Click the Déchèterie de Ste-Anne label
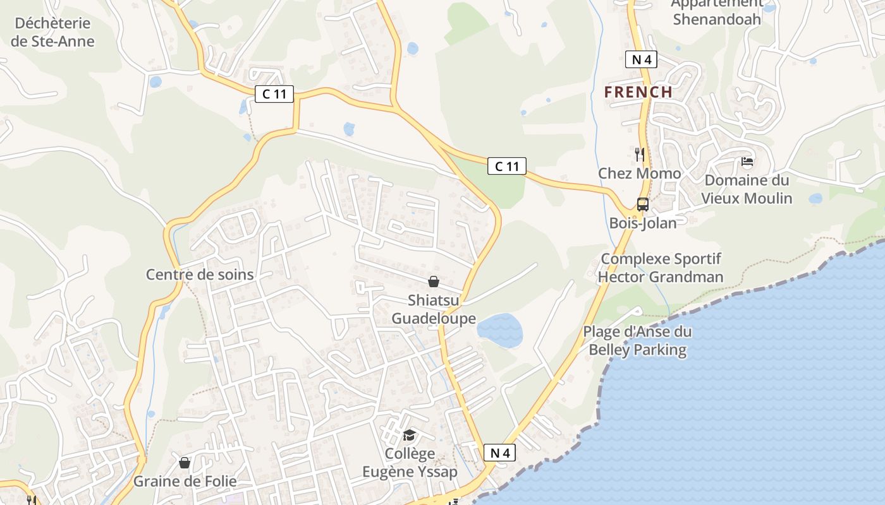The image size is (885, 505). (x=53, y=32)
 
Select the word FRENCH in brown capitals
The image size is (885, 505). (x=638, y=92)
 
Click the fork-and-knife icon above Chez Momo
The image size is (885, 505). (x=640, y=154)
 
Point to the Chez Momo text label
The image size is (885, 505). (x=640, y=174)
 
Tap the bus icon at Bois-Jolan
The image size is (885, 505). (x=642, y=205)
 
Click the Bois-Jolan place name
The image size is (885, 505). (x=642, y=223)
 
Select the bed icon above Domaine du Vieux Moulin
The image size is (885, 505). (x=747, y=162)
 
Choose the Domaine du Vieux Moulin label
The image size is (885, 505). (x=747, y=189)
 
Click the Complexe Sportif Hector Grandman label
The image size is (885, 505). (x=661, y=268)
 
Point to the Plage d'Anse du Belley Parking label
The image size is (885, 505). (x=637, y=341)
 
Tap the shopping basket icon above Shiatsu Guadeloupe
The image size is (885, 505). (x=434, y=282)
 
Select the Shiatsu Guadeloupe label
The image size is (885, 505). (x=434, y=309)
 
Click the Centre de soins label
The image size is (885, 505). (x=200, y=275)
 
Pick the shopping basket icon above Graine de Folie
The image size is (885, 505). (x=185, y=463)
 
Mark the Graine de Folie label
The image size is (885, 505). (x=185, y=482)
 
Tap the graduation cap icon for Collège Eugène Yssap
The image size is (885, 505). (x=410, y=436)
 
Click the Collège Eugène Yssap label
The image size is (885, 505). (x=410, y=463)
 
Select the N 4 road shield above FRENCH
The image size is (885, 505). (x=641, y=60)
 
